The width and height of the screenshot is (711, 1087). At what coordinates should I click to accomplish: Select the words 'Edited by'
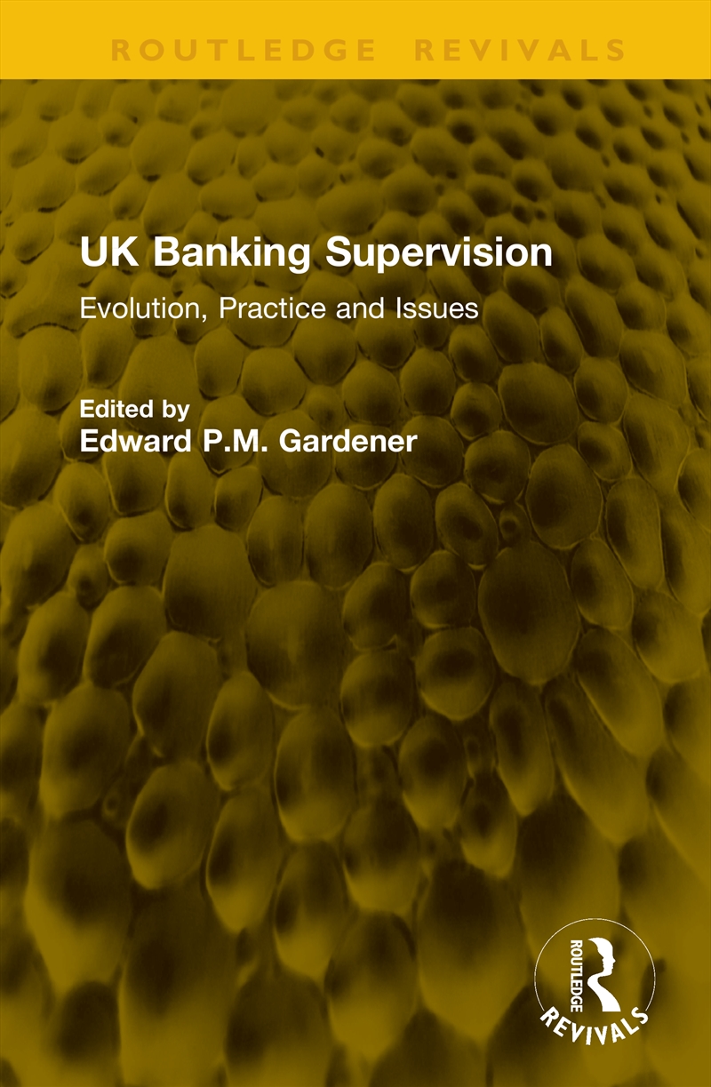134,410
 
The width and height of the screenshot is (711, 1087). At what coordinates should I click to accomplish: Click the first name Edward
129,441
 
